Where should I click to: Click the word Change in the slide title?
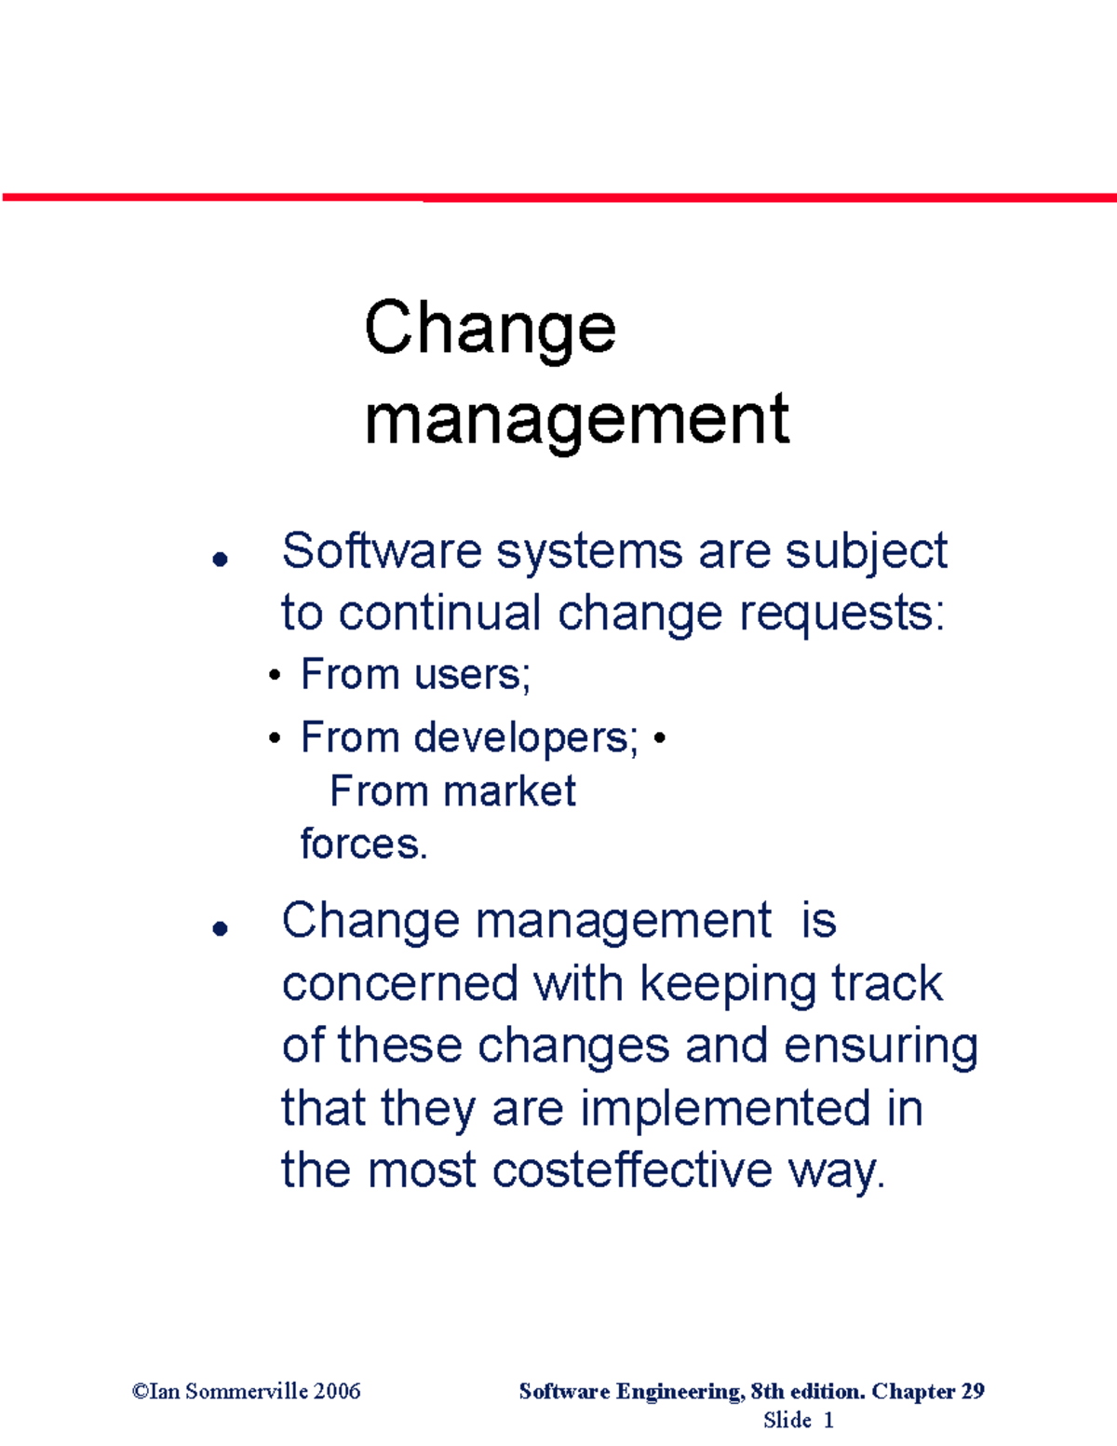pyautogui.click(x=490, y=330)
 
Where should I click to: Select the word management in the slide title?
pyautogui.click(x=576, y=419)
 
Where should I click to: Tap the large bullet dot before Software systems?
pyautogui.click(x=221, y=559)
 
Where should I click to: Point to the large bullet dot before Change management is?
pyautogui.click(x=221, y=928)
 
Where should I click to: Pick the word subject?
pyautogui.click(x=866, y=552)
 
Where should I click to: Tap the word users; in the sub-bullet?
pyautogui.click(x=472, y=674)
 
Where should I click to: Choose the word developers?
pyautogui.click(x=526, y=738)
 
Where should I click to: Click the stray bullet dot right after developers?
pyautogui.click(x=659, y=739)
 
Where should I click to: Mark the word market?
pyautogui.click(x=509, y=791)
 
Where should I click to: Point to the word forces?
pyautogui.click(x=363, y=845)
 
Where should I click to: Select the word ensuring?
pyautogui.click(x=881, y=1047)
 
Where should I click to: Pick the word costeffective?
pyautogui.click(x=632, y=1170)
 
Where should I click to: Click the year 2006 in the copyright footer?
pyautogui.click(x=337, y=1391)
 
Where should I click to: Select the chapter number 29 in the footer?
pyautogui.click(x=972, y=1391)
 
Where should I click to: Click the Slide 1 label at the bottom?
pyautogui.click(x=798, y=1420)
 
